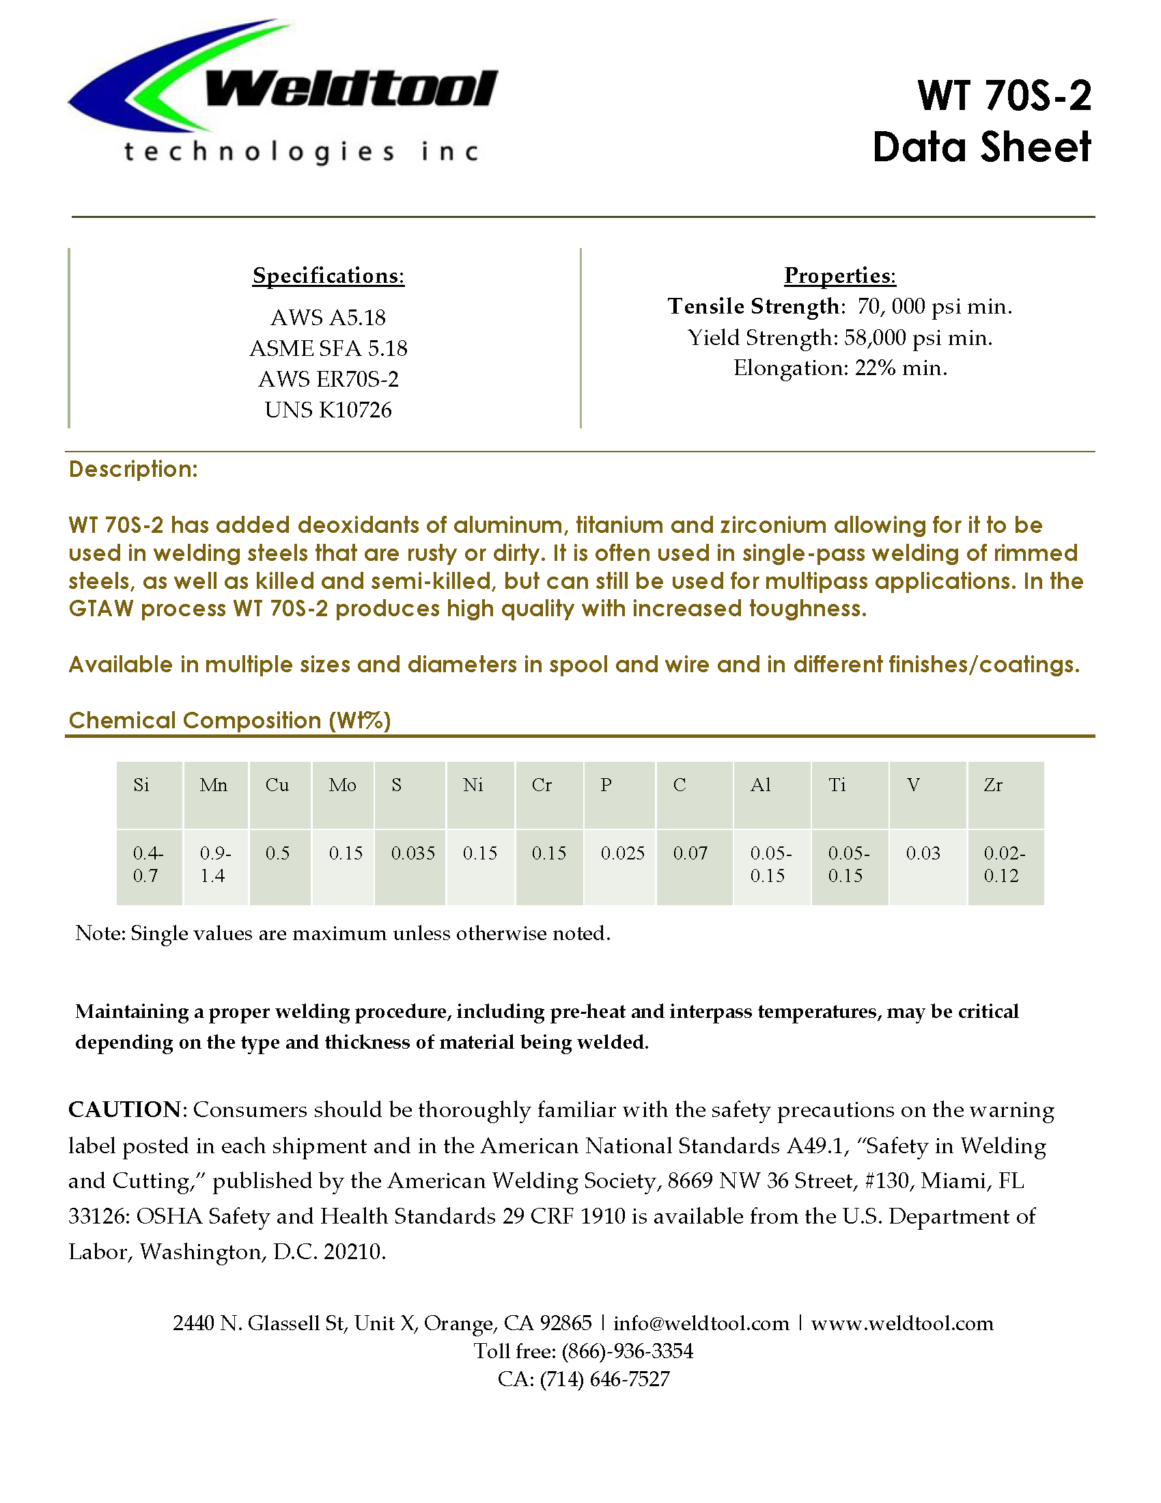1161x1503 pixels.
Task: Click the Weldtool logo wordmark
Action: pyautogui.click(x=351, y=89)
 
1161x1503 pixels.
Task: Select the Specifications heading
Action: pyautogui.click(x=328, y=275)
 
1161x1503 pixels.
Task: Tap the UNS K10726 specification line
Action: pyautogui.click(x=328, y=410)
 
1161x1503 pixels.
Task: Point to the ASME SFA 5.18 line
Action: pyautogui.click(x=328, y=348)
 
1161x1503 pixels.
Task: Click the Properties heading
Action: pyautogui.click(x=840, y=275)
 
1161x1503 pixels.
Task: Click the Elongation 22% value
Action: pyautogui.click(x=876, y=368)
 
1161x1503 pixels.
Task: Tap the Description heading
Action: pyautogui.click(x=133, y=469)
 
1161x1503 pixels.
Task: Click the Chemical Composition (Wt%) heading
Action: pyautogui.click(x=229, y=721)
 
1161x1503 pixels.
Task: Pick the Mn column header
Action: pyautogui.click(x=213, y=785)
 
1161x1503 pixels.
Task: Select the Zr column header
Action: pyautogui.click(x=993, y=785)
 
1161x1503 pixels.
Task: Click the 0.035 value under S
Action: pyautogui.click(x=412, y=853)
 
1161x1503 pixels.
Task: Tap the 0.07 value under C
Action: pyautogui.click(x=690, y=853)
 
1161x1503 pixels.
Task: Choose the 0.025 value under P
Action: pyautogui.click(x=622, y=853)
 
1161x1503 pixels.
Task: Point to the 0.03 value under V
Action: pyautogui.click(x=923, y=853)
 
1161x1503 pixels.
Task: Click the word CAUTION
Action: pyautogui.click(x=124, y=1110)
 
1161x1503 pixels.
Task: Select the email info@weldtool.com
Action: pyautogui.click(x=701, y=1323)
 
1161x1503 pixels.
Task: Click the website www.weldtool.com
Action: pyautogui.click(x=901, y=1323)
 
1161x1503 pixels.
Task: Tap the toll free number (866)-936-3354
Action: pyautogui.click(x=627, y=1351)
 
